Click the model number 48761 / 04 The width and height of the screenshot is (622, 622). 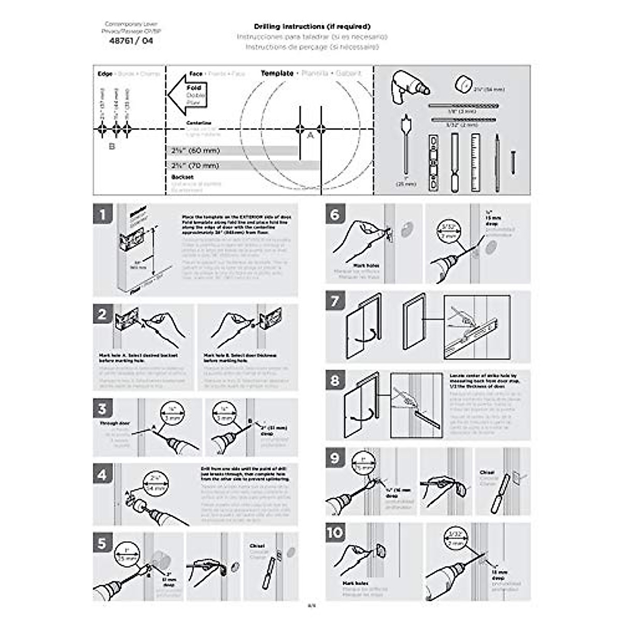coord(131,41)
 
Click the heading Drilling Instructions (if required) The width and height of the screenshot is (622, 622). coord(312,26)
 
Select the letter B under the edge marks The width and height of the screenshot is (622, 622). coord(111,146)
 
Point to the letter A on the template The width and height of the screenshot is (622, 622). coord(310,136)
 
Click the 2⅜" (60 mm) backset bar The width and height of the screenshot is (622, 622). coord(234,151)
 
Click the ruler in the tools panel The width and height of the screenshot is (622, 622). coord(475,162)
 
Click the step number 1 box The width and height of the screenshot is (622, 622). coord(103,214)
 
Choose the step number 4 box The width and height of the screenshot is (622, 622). coord(103,474)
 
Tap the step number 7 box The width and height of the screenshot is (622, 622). coord(335,301)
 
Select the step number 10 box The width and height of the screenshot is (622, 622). coord(335,532)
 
